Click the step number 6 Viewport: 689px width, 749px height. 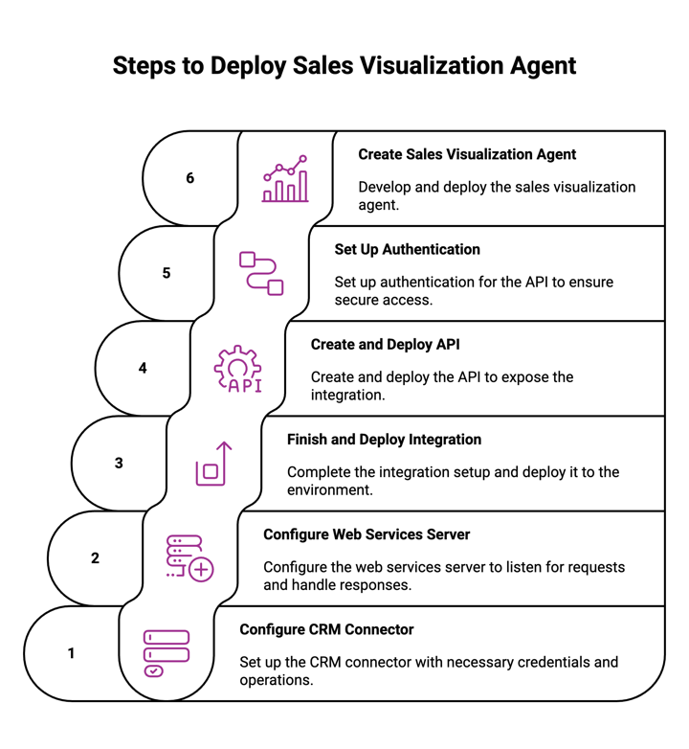[x=189, y=178]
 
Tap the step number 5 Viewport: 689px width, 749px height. [x=167, y=273]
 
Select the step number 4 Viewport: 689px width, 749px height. [x=143, y=368]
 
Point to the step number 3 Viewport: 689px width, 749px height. [x=119, y=463]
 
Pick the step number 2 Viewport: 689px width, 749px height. [x=95, y=557]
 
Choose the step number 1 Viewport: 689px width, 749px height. [x=71, y=653]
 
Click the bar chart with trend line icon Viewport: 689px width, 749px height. [x=285, y=178]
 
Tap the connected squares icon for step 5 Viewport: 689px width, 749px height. [x=261, y=273]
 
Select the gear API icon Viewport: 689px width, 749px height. [x=237, y=369]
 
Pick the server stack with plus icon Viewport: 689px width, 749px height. [x=189, y=558]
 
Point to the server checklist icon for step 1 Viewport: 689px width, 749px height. [x=166, y=653]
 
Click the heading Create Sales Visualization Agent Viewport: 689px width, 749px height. [x=467, y=154]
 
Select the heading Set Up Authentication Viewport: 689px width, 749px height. [x=407, y=249]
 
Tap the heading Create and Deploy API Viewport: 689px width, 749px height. [x=386, y=344]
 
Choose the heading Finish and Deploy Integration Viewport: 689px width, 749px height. [x=384, y=440]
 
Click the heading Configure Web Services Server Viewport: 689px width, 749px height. [x=367, y=534]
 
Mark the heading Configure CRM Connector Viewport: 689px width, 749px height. [x=326, y=629]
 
